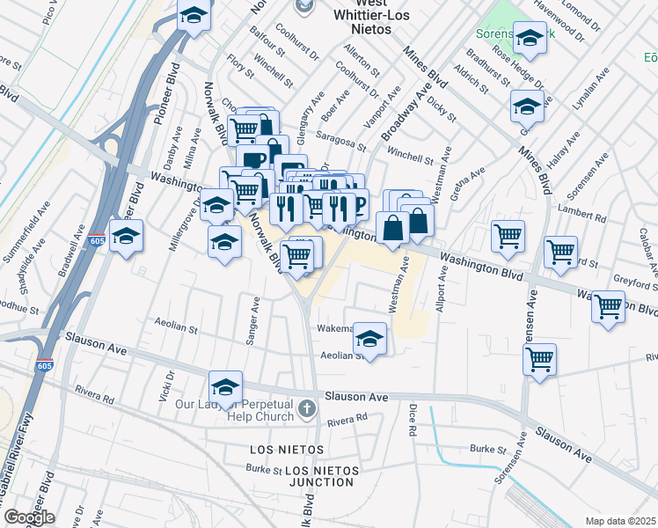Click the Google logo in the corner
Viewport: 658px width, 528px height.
point(29,517)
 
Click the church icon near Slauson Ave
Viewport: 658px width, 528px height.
point(306,408)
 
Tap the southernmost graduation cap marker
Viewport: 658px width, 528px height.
point(225,387)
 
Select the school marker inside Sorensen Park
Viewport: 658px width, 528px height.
point(530,38)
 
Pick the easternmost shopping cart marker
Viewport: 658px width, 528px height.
point(608,306)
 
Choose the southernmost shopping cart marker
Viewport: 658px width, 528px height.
point(539,358)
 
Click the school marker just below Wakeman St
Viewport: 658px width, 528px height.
point(369,339)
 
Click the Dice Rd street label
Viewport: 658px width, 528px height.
point(412,422)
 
